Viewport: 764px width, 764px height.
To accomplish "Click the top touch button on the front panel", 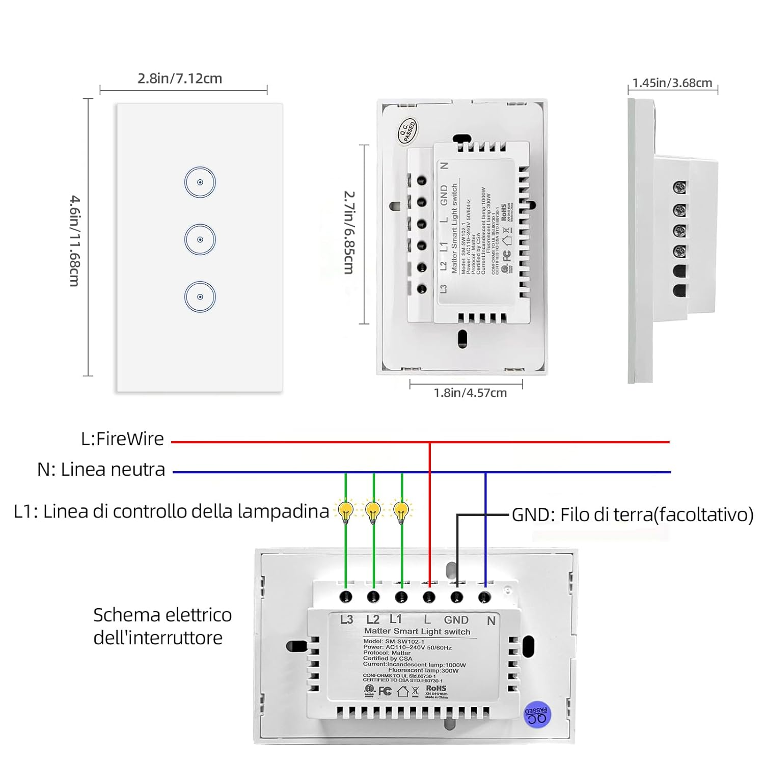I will point(200,182).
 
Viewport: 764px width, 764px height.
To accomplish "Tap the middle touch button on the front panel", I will point(200,239).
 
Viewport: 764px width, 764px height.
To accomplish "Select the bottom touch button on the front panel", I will point(200,297).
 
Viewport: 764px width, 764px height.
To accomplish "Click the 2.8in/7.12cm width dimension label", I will point(180,78).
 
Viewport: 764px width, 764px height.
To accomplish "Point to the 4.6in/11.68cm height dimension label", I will point(75,240).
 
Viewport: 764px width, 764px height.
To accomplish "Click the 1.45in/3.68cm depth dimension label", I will point(672,83).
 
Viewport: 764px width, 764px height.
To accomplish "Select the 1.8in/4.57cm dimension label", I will point(470,393).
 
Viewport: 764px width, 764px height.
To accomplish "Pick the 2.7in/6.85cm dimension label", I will point(349,232).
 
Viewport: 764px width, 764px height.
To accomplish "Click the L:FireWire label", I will point(122,439).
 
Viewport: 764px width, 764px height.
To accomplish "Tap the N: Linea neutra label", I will point(101,469).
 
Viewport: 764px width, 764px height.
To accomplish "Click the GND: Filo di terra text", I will point(632,514).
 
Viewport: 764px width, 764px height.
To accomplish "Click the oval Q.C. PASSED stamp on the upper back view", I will point(407,131).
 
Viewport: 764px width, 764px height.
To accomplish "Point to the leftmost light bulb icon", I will point(346,511).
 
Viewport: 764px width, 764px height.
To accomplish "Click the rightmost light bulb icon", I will point(401,511).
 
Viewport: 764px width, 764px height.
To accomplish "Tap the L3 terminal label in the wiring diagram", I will point(346,619).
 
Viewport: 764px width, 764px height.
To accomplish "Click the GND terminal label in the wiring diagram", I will point(456,620).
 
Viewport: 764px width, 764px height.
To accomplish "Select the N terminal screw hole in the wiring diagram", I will point(484,596).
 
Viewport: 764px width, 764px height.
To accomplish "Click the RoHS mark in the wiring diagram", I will point(436,688).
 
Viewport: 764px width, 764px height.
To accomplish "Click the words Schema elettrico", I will point(162,615).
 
